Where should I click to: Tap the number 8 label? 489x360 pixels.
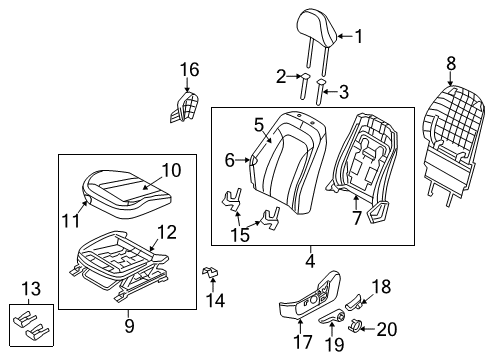[450, 63]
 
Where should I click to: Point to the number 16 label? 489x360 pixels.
[189, 69]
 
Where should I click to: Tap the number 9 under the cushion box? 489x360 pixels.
[129, 324]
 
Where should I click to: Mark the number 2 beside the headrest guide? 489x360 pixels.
[281, 75]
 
